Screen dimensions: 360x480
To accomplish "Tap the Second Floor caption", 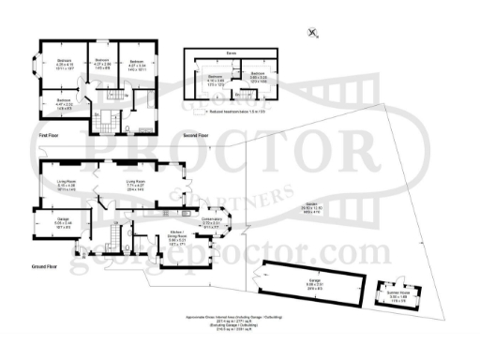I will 197,136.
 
